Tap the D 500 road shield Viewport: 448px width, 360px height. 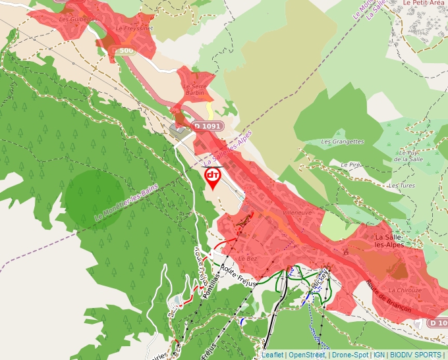[123, 50]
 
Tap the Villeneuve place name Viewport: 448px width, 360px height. [296, 213]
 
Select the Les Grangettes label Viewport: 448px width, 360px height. [342, 141]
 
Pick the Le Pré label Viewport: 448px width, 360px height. [349, 165]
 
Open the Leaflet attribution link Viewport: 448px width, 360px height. [273, 355]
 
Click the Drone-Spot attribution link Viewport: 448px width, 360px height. [350, 355]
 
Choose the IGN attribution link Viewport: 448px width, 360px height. [379, 355]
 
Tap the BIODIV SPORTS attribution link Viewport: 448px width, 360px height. [416, 355]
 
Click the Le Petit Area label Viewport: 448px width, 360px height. [424, 3]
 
